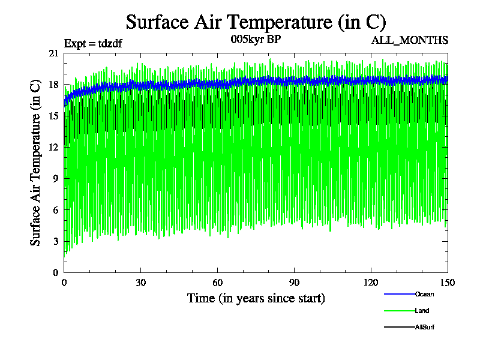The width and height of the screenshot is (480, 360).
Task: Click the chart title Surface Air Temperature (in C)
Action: pyautogui.click(x=256, y=22)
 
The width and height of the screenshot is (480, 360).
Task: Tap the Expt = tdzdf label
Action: pyautogui.click(x=93, y=44)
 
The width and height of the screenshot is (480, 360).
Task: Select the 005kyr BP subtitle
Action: pyautogui.click(x=256, y=40)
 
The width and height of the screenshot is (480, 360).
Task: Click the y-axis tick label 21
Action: pyautogui.click(x=53, y=53)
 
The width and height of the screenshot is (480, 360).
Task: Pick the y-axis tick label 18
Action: pyautogui.click(x=53, y=85)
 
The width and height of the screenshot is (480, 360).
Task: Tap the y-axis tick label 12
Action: pyautogui.click(x=53, y=147)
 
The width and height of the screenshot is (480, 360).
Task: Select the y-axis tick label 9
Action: pyautogui.click(x=56, y=178)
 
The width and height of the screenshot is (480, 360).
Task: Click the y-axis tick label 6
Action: pyautogui.click(x=56, y=209)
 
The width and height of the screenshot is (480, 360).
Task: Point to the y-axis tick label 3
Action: pyautogui.click(x=56, y=241)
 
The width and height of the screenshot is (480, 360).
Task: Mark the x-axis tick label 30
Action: pyautogui.click(x=141, y=283)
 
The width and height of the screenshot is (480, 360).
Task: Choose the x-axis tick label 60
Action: pyautogui.click(x=218, y=283)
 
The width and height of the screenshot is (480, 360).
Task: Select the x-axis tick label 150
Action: pyautogui.click(x=447, y=283)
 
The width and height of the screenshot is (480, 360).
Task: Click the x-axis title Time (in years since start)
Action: pyautogui.click(x=256, y=298)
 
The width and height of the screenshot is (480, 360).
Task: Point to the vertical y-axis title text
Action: pyautogui.click(x=36, y=163)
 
